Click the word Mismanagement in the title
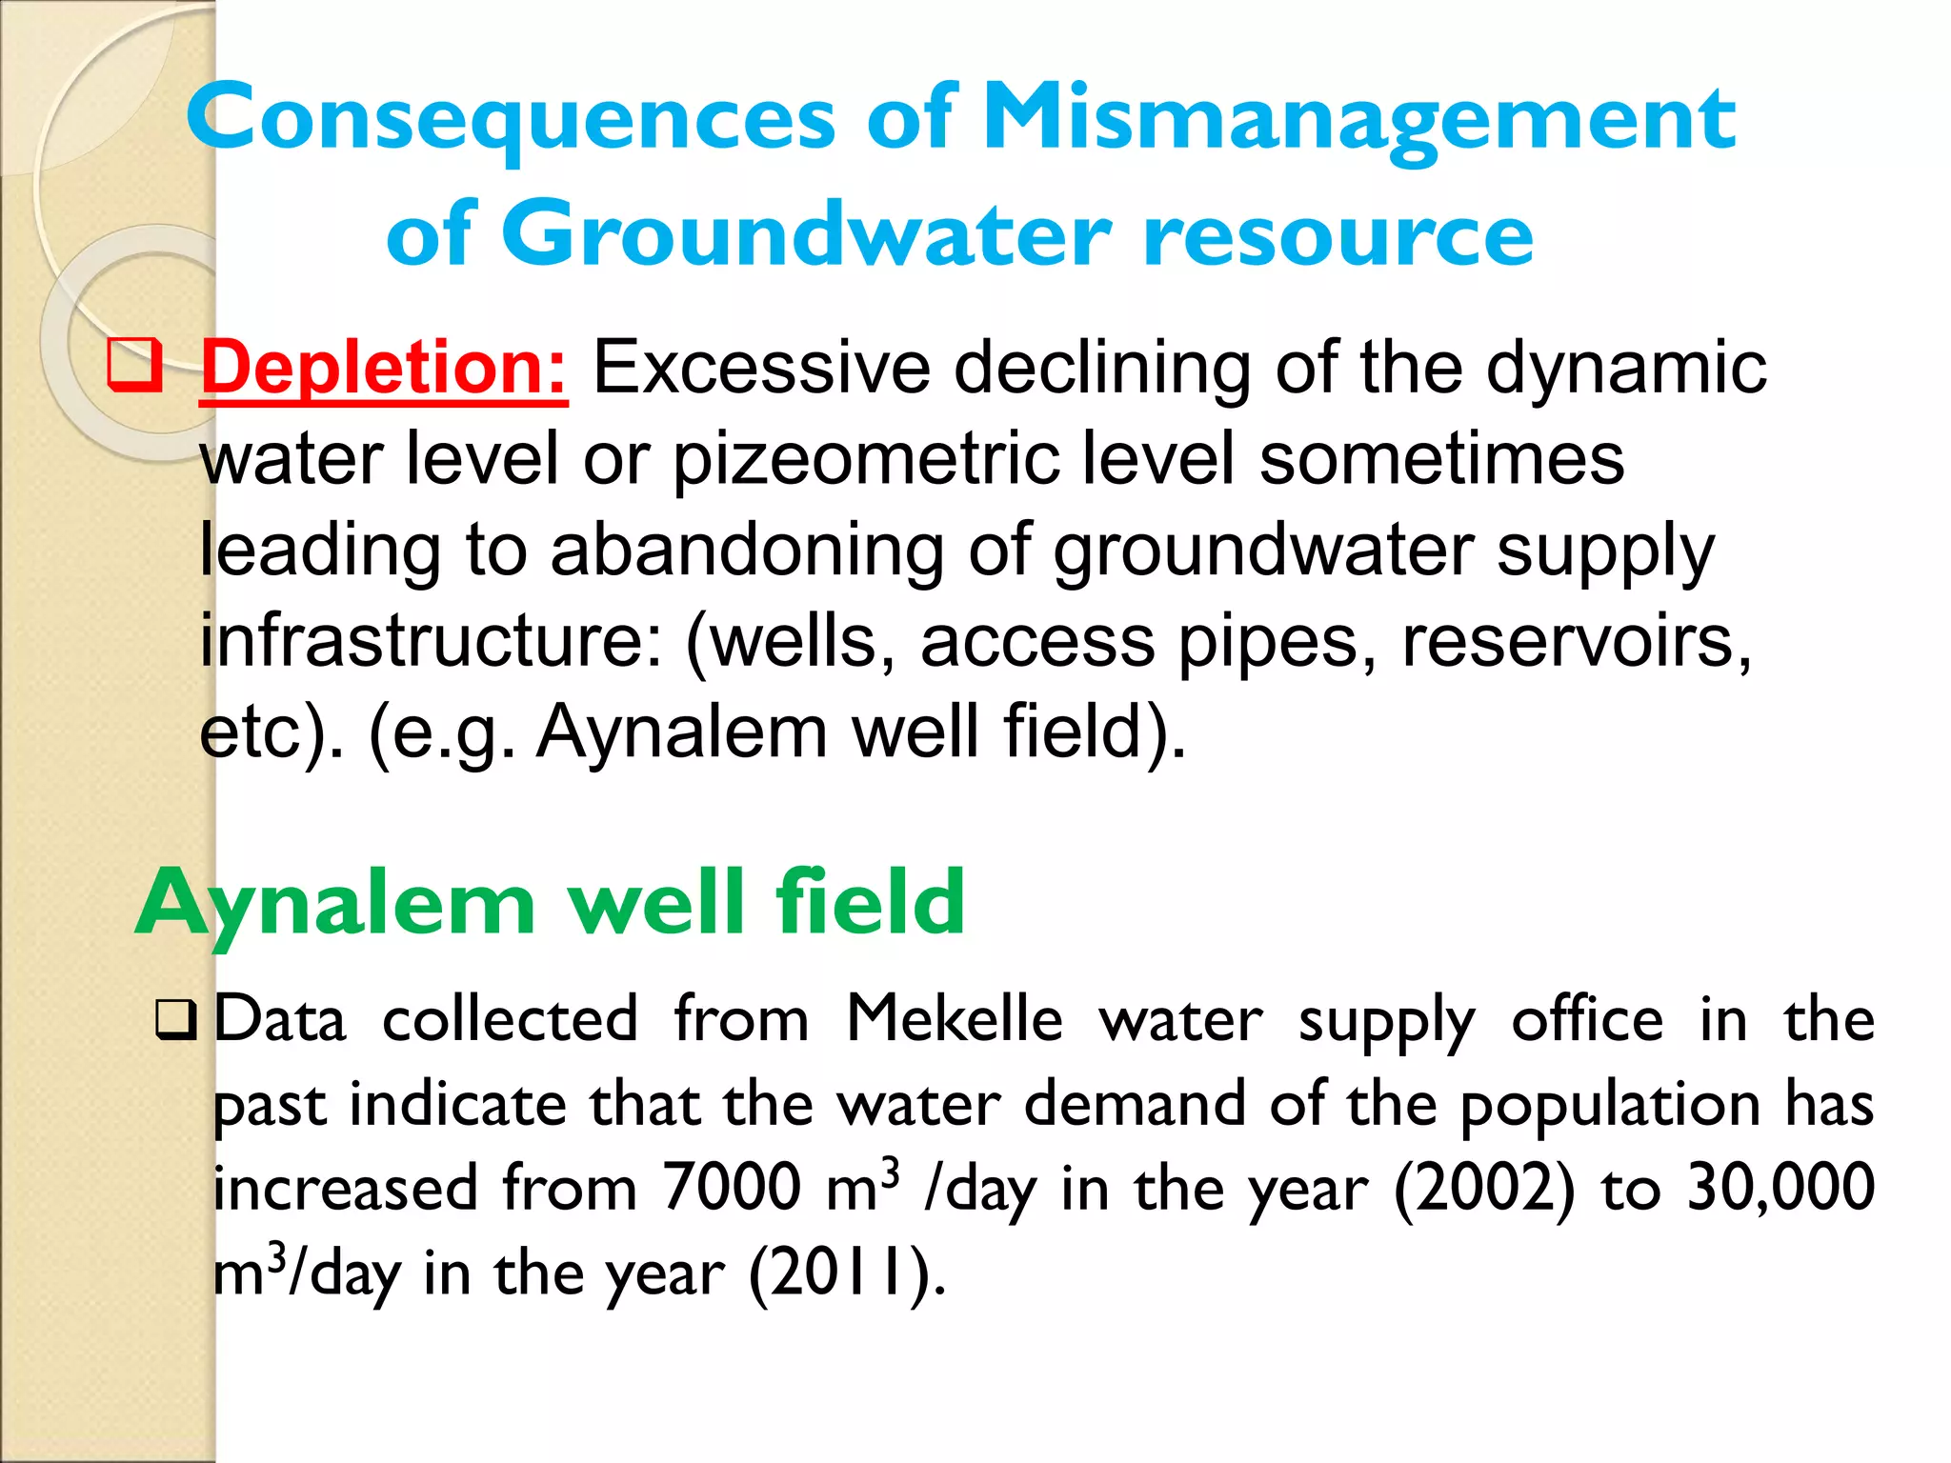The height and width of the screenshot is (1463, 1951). pos(1358,119)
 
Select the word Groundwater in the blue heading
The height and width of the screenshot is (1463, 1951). pos(806,235)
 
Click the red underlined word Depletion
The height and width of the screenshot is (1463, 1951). pos(383,368)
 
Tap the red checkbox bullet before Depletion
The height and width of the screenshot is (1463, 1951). pos(133,365)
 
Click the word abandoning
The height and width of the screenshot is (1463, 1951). pos(747,551)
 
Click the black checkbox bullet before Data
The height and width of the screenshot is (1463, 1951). pos(175,1020)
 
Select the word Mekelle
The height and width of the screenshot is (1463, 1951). pos(955,1019)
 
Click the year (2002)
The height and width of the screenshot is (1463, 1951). pos(1485,1188)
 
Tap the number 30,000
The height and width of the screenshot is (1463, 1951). pos(1780,1188)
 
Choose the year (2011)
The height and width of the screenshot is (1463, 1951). pos(847,1273)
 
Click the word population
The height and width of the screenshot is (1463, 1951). pos(1610,1105)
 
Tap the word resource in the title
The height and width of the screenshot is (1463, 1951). pos(1338,235)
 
